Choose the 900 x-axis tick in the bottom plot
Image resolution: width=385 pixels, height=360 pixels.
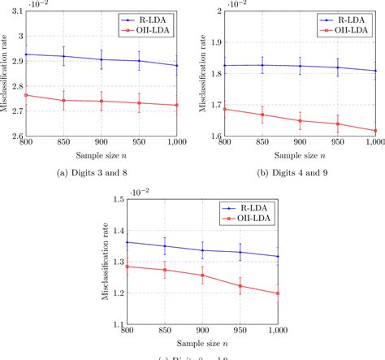click(204, 333)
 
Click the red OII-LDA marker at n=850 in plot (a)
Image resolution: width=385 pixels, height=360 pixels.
click(63, 101)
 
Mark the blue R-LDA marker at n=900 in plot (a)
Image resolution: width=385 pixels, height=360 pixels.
click(101, 59)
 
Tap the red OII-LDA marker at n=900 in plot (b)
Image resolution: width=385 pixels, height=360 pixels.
click(301, 120)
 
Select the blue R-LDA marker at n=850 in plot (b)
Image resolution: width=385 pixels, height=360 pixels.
click(262, 65)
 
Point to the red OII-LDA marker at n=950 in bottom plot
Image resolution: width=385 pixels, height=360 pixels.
click(240, 286)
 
